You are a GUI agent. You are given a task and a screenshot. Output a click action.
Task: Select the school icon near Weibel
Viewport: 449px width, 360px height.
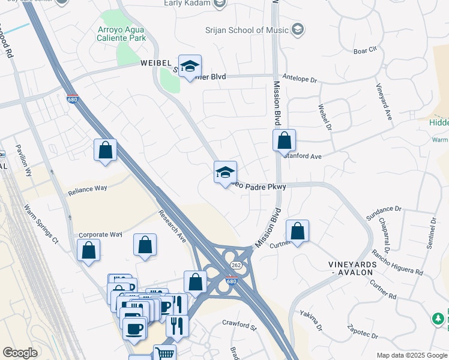pos(190,68)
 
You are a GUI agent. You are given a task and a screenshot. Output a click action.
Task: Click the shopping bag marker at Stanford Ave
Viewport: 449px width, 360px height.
pos(284,142)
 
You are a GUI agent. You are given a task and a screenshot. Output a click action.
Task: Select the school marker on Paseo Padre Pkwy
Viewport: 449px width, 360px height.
pos(226,173)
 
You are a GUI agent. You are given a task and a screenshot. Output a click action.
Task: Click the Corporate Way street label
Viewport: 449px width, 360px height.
pos(100,235)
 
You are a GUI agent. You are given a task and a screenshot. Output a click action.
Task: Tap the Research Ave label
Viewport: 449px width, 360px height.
pos(172,226)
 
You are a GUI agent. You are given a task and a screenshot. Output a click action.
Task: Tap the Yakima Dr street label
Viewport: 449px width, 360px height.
pos(313,321)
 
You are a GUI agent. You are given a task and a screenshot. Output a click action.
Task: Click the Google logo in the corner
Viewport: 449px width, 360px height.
pos(20,353)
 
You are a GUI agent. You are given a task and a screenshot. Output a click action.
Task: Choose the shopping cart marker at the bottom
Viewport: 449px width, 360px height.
pos(164,353)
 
